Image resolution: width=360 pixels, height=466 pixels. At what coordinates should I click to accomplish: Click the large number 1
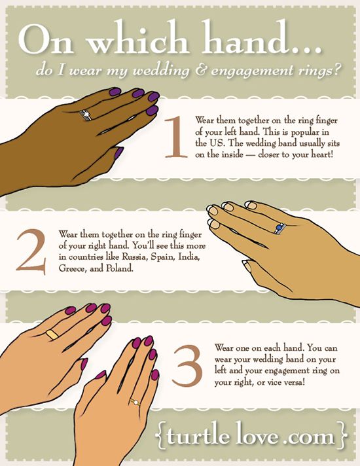coord(176,137)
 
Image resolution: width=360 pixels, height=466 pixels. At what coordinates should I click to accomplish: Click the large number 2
coord(31,251)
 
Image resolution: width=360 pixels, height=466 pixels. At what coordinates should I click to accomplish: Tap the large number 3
coord(187,366)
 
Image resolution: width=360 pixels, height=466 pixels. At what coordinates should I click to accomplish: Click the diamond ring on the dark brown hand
coord(86,115)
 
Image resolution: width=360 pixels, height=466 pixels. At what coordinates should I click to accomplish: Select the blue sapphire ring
coord(280,228)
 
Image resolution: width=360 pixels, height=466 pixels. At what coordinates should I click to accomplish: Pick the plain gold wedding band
coord(52,334)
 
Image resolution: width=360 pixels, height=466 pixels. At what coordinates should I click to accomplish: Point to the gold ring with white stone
coord(135,403)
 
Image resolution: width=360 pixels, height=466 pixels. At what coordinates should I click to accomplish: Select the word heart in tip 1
coord(321,155)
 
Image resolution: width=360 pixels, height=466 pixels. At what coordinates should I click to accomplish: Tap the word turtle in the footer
coord(198,437)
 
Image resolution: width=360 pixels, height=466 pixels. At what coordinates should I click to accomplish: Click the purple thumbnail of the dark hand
coord(119,152)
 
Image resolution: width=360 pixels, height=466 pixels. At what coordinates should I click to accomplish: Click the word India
coord(189,257)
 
